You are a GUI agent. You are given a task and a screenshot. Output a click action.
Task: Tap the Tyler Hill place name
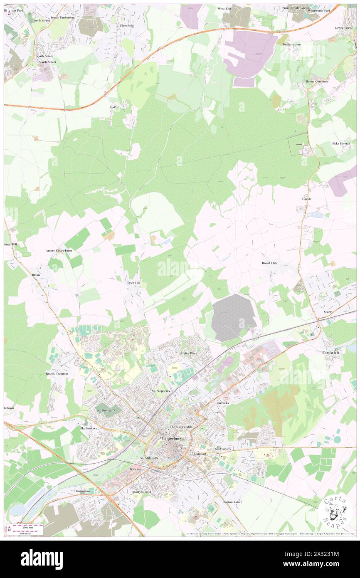click(133, 282)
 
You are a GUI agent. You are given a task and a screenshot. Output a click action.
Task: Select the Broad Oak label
click(269, 263)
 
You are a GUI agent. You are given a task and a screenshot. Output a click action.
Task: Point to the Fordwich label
click(331, 353)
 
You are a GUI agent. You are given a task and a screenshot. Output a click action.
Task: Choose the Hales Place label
click(189, 353)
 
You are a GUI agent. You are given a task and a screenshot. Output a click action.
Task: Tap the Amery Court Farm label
click(59, 251)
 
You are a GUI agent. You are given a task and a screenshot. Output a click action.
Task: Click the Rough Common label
click(57, 374)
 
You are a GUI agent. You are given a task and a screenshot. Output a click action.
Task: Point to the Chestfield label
click(126, 25)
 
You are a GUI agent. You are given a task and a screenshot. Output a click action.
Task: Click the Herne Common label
click(316, 82)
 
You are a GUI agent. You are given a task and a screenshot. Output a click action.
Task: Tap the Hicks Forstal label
click(340, 143)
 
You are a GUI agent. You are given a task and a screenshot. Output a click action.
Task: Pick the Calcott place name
click(306, 199)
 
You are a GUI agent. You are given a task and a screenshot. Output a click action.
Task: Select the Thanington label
click(82, 491)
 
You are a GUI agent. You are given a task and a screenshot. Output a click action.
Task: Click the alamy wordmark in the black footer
click(42, 559)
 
